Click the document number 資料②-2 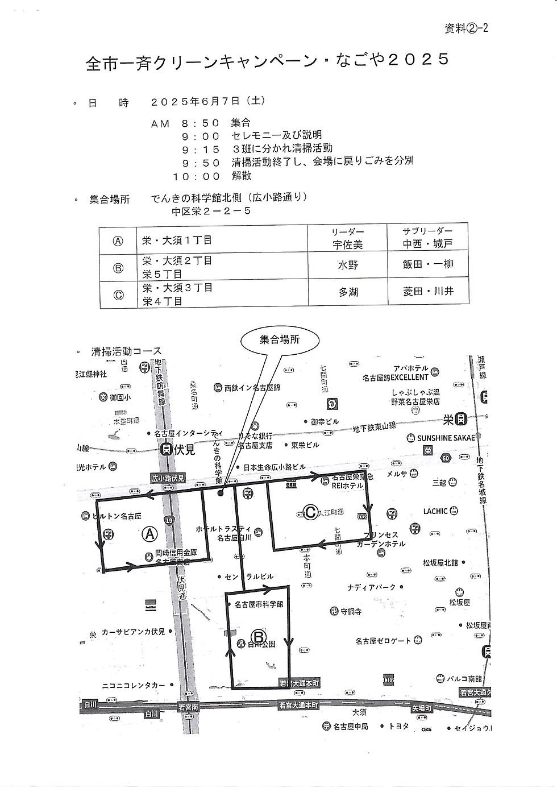pos(465,29)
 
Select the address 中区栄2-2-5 pos(211,211)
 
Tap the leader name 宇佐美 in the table pos(347,244)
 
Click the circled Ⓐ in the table pos(118,240)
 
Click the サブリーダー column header pos(427,231)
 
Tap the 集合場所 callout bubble pos(280,339)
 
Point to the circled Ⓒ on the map pos(310,512)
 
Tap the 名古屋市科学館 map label pos(259,605)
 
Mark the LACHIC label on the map pos(435,511)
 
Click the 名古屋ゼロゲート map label pos(383,641)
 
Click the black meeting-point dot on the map pos(221,493)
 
